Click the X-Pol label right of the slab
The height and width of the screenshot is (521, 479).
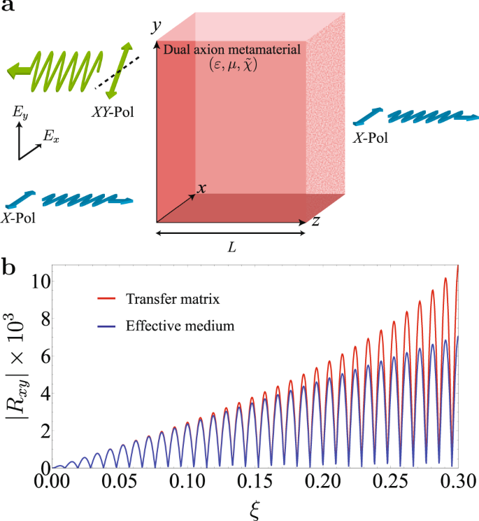coord(371,138)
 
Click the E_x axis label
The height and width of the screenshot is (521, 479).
coord(51,139)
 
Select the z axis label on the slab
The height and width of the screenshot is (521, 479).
coord(316,221)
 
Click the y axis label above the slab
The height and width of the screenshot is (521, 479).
coord(157,27)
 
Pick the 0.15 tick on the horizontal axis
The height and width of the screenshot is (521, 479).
coord(254,483)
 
